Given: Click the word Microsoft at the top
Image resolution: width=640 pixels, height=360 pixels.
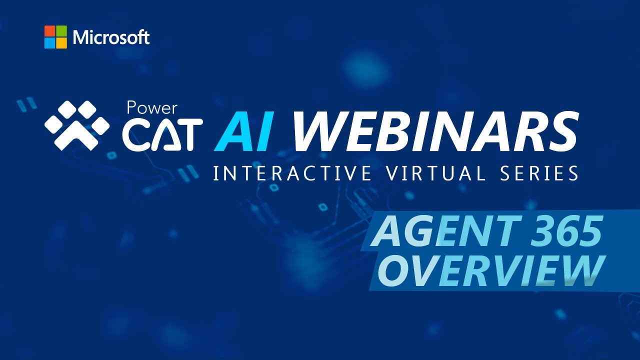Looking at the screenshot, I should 111,37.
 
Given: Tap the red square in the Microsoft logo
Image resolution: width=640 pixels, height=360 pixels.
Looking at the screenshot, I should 49,31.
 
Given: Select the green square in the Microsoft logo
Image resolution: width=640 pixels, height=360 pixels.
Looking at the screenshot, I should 61,31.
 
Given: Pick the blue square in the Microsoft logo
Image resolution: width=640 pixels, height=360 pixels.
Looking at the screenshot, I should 49,43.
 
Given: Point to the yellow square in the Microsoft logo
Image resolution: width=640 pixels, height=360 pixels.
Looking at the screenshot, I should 61,43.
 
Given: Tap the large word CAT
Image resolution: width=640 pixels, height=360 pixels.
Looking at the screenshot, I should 162,134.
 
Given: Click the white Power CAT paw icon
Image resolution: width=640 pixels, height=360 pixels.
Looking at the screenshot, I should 76,125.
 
